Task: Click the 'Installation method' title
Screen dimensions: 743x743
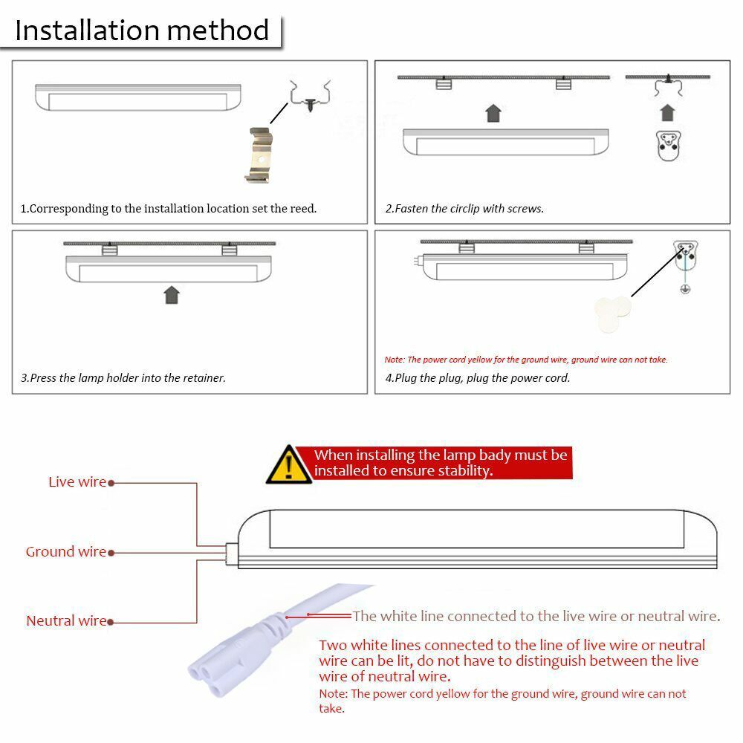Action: point(142,30)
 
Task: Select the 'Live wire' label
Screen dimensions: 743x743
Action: point(77,482)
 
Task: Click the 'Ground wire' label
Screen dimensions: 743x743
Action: point(66,551)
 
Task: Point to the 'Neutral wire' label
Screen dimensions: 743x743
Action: point(66,620)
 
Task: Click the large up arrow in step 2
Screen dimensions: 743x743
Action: point(493,113)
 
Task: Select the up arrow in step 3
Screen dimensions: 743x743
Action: point(172,294)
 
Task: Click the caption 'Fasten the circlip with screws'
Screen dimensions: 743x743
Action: point(464,209)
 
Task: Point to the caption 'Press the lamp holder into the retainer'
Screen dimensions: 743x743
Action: point(123,378)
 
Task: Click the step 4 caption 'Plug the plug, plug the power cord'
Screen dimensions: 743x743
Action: point(478,378)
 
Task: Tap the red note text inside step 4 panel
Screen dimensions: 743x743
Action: point(526,360)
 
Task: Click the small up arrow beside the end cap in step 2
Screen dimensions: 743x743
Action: point(667,113)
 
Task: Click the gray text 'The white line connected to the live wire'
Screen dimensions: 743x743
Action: point(536,616)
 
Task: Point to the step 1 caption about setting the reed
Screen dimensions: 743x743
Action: point(169,209)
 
